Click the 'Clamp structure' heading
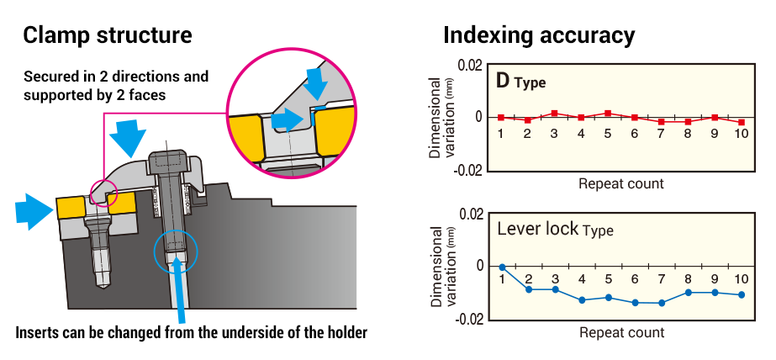point(108,35)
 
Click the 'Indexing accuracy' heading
point(538,35)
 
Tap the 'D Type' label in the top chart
point(520,82)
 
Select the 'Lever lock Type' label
point(555,229)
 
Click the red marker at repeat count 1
point(501,117)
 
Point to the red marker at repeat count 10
point(742,122)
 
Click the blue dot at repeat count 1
point(502,267)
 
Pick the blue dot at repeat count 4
point(582,299)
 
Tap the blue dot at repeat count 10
point(742,294)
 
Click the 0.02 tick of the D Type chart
point(469,66)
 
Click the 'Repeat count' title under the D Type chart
point(621,183)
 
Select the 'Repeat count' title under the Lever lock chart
point(621,332)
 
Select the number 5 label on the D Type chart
point(608,134)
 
